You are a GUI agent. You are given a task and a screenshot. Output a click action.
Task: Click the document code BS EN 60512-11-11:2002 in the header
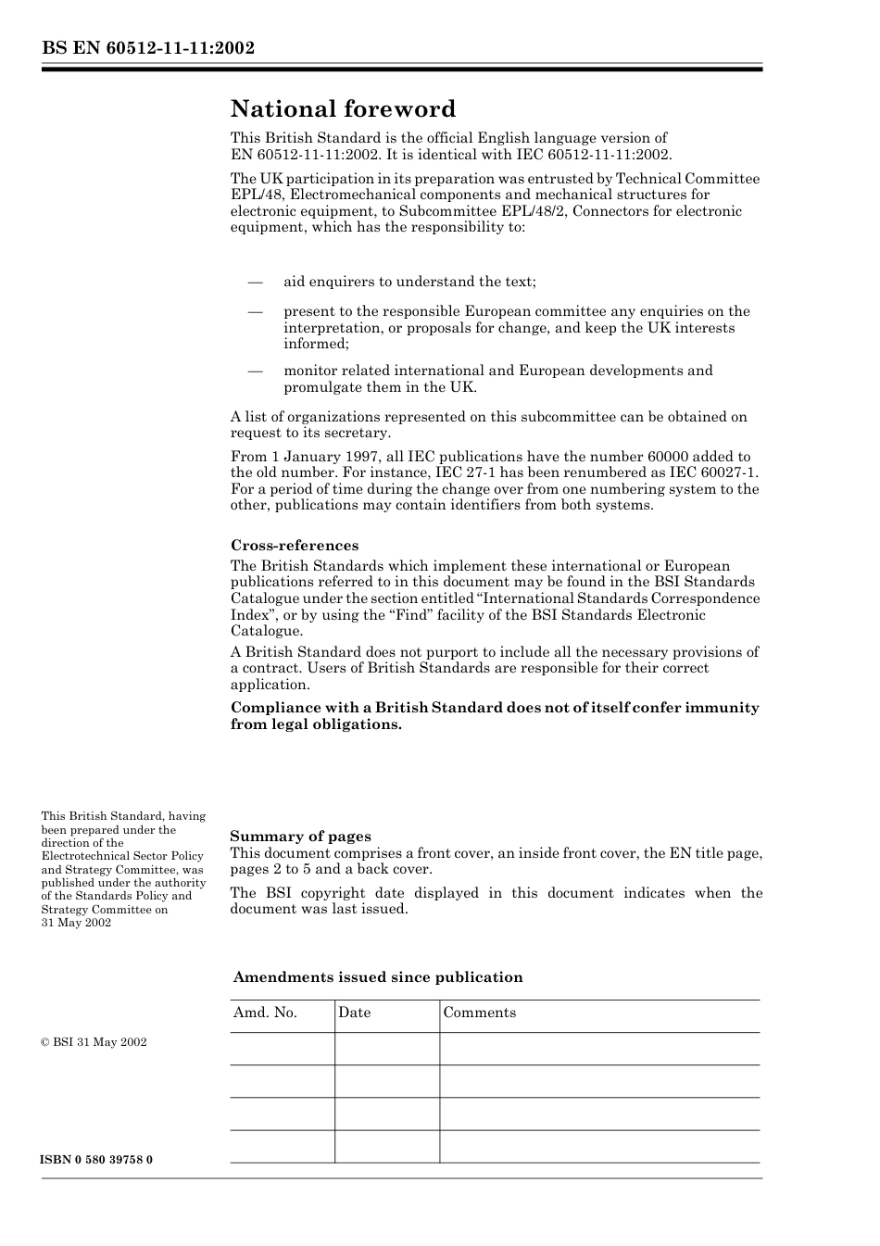[x=148, y=48]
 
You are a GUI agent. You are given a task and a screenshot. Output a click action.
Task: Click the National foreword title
[x=343, y=109]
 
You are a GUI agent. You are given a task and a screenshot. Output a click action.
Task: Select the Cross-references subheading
[x=294, y=546]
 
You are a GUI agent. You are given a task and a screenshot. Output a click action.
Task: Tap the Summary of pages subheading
[x=300, y=837]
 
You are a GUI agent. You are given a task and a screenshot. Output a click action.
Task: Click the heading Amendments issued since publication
[x=377, y=977]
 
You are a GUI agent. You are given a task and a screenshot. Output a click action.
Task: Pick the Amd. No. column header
[x=265, y=1013]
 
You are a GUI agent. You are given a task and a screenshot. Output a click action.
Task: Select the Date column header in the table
[x=354, y=1013]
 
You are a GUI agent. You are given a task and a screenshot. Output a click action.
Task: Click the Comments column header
[x=479, y=1013]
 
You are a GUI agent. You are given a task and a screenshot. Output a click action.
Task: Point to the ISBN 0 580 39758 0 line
[x=97, y=1160]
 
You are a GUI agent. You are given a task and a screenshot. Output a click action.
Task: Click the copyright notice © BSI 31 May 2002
[x=94, y=1042]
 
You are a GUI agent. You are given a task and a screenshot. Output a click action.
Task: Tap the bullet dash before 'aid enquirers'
[x=255, y=282]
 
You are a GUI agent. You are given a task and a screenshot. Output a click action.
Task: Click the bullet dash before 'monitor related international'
[x=255, y=371]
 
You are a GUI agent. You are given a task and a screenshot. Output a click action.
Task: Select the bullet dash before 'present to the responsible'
[x=255, y=311]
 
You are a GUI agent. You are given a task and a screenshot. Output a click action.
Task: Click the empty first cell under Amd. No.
[x=282, y=1049]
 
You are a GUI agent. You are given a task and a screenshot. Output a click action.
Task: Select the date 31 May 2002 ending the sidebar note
[x=76, y=923]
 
